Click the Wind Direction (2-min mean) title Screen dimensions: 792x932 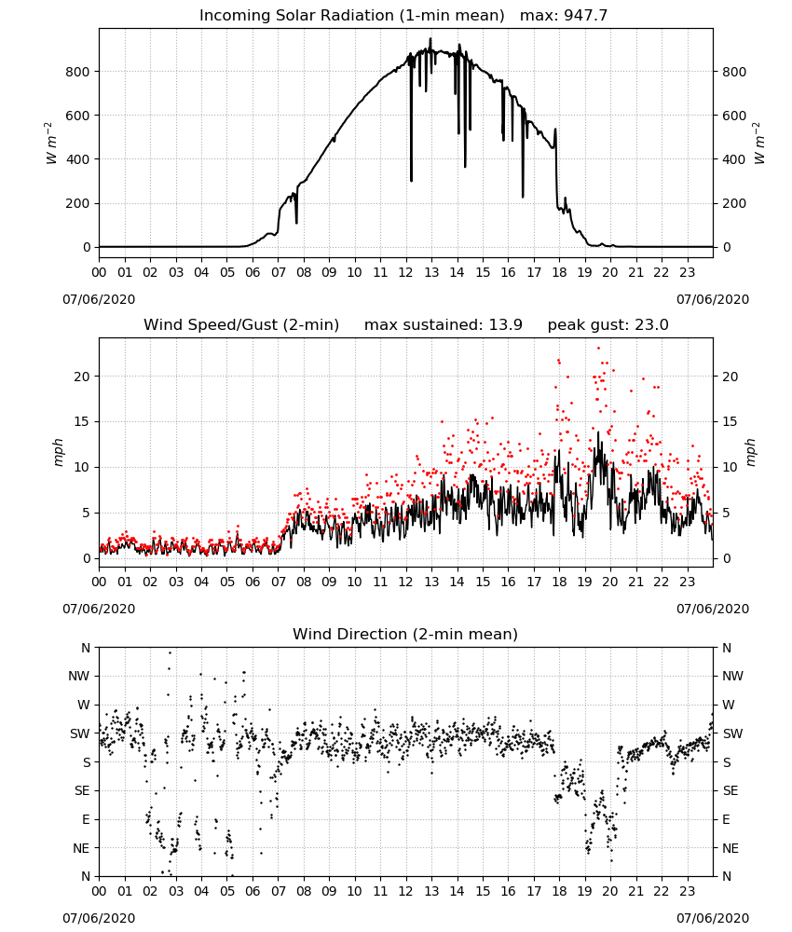click(x=405, y=634)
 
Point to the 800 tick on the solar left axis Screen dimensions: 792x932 click(x=77, y=72)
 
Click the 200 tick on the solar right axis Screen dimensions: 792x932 click(x=734, y=203)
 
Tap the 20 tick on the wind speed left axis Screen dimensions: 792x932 click(x=82, y=377)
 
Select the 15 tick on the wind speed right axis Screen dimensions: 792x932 click(x=730, y=422)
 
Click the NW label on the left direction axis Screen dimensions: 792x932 click(x=79, y=677)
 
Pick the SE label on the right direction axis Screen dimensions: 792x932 click(x=731, y=791)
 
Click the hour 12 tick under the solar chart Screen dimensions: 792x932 click(x=405, y=273)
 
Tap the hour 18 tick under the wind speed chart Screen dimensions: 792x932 click(x=559, y=582)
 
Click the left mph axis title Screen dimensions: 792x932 click(x=58, y=452)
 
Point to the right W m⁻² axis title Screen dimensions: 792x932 click(x=758, y=144)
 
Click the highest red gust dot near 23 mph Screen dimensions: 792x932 click(x=598, y=349)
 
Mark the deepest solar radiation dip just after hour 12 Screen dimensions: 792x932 click(x=411, y=180)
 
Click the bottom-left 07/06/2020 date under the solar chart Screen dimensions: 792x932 click(x=99, y=299)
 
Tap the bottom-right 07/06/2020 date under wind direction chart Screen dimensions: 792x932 click(x=713, y=918)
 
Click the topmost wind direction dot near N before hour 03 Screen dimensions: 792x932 click(x=170, y=652)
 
